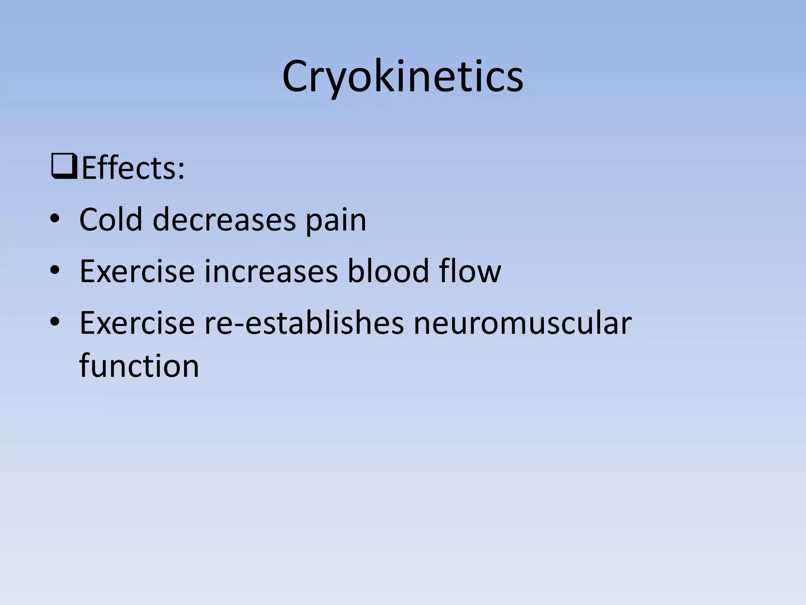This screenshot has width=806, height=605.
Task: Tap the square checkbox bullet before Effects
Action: [64, 167]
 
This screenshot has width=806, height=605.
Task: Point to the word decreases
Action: [224, 219]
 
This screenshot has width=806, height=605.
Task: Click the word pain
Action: [336, 221]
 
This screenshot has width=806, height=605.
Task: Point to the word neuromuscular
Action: [522, 323]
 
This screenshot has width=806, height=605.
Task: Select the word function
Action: [139, 366]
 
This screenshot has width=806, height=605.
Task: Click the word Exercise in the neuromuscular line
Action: [137, 323]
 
